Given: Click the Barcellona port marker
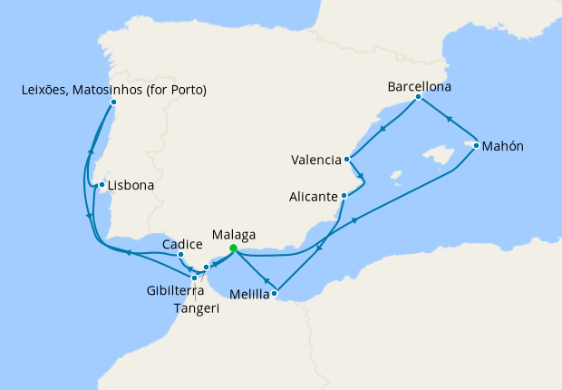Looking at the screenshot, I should tap(418, 96).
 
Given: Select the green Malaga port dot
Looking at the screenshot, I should tap(233, 248).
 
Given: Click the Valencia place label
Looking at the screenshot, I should tap(315, 161).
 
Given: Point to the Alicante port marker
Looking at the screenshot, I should tap(344, 196).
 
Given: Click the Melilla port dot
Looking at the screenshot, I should tap(275, 292).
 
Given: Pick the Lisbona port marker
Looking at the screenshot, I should tap(102, 186).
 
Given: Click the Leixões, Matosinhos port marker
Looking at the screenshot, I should tap(113, 102).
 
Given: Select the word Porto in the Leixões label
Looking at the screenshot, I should tap(187, 90).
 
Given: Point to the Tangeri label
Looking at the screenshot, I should tap(197, 307).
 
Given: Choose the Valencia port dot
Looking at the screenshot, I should tap(348, 160).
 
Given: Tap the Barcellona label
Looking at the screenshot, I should tap(419, 88).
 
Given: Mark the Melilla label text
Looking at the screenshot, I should tap(249, 295).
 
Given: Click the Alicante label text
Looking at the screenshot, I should tap(313, 196).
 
